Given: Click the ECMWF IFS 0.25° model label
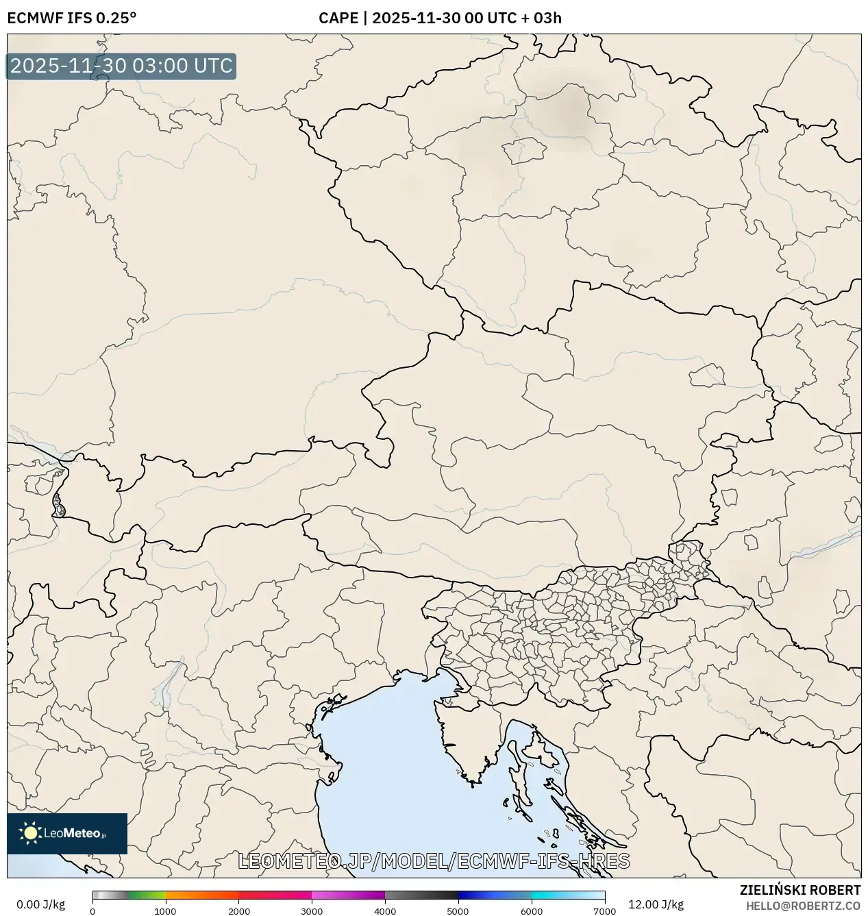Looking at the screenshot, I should coord(71,18).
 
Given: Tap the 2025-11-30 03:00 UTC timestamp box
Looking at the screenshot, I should coord(121,66).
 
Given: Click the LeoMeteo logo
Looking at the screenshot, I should coord(67,833).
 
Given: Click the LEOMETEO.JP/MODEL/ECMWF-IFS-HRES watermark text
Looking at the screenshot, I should coord(433,861).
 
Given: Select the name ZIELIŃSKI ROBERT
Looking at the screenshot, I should coord(799,890).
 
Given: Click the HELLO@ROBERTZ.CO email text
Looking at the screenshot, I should coord(803,906).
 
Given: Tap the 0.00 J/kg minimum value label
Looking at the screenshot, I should coord(40,904).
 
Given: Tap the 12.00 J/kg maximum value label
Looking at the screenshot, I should coord(656,904).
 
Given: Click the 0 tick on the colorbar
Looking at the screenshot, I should coord(92,911).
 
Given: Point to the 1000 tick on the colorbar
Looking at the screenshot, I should coord(165,911).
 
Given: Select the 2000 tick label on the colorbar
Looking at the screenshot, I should coord(238,911).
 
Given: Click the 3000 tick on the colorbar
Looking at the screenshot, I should coord(312,911).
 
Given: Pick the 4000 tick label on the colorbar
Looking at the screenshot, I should coord(385,911).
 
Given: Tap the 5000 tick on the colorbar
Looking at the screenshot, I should coord(458,911).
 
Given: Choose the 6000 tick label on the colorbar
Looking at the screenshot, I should coord(531,911).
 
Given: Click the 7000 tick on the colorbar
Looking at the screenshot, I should coord(604,911).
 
